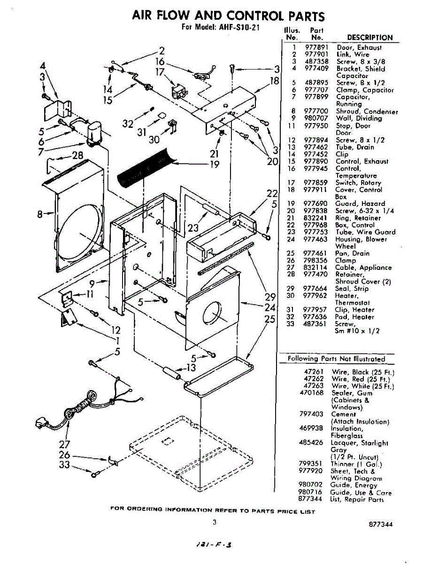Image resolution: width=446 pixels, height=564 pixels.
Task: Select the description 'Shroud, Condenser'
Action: tap(367, 111)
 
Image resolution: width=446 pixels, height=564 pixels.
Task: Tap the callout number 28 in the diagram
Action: tap(77, 156)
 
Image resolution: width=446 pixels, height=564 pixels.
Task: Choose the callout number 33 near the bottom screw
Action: tap(64, 465)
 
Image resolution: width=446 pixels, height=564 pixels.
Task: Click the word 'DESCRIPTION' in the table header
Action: tap(369, 38)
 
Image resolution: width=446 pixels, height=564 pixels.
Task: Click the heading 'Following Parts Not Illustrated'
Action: tap(336, 359)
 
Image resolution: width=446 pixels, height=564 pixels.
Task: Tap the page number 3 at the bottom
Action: tap(214, 522)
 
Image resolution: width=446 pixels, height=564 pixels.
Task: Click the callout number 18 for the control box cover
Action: tap(275, 80)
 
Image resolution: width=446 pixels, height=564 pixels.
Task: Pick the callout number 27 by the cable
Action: tap(64, 445)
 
